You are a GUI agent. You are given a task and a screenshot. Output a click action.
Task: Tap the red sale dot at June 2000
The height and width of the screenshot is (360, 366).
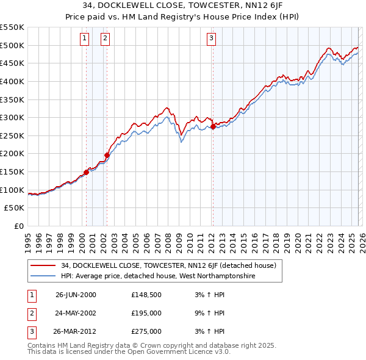point(86,172)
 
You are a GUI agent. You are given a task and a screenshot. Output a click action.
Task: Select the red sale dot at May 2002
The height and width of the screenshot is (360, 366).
point(107,155)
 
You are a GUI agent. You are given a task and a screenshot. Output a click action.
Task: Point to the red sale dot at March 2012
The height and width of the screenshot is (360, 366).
point(212,126)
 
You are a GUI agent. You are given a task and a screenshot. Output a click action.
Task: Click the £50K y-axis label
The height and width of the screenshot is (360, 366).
point(15,208)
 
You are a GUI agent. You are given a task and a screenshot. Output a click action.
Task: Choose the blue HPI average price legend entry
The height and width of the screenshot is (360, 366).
point(159,276)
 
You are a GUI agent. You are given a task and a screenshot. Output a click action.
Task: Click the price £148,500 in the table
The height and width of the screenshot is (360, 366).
point(146,295)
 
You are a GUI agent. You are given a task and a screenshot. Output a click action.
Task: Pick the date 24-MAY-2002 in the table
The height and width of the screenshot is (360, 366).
point(76,313)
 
